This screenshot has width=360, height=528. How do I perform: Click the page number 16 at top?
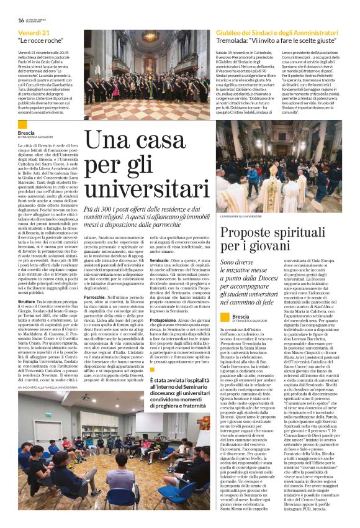(x=20, y=20)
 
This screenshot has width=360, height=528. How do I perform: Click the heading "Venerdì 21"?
(x=34, y=32)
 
